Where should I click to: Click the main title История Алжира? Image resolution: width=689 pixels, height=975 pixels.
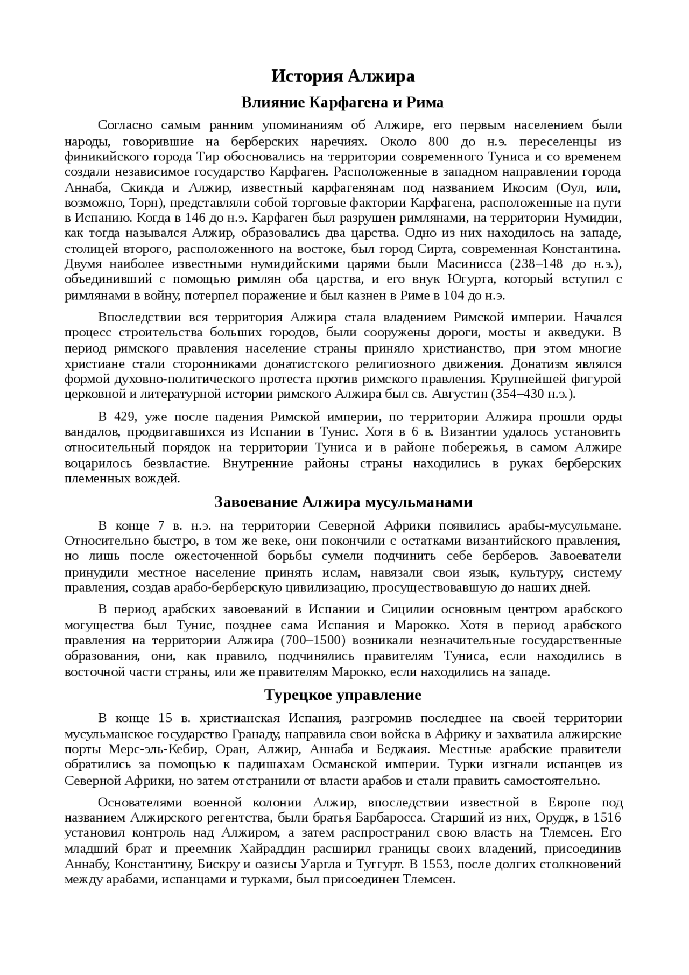[343, 76]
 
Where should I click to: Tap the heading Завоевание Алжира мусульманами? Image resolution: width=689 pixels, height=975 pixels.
[343, 502]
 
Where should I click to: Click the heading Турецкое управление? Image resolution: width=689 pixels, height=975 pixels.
[343, 695]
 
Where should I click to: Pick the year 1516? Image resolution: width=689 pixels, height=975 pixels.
[608, 818]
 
